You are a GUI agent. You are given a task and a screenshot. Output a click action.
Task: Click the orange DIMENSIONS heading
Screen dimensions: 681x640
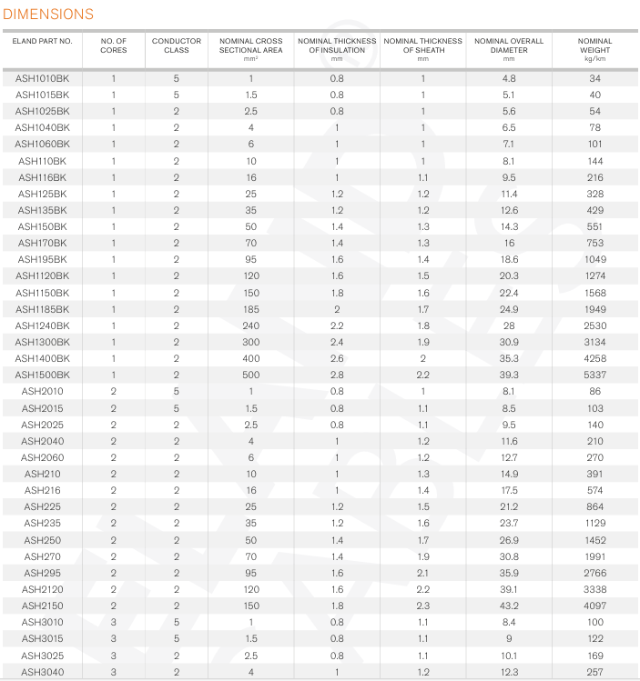pyautogui.click(x=48, y=14)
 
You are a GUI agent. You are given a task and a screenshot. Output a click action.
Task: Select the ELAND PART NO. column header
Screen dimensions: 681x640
pyautogui.click(x=43, y=41)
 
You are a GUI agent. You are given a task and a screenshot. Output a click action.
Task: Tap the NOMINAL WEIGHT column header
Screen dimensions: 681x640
pyautogui.click(x=595, y=45)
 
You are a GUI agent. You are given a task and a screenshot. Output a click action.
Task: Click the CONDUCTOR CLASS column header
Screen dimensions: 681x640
pyautogui.click(x=177, y=45)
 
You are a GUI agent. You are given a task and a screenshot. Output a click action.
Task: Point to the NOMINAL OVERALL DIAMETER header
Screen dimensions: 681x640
pyautogui.click(x=509, y=45)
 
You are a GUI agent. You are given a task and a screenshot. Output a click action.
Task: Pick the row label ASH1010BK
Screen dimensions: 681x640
pyautogui.click(x=43, y=79)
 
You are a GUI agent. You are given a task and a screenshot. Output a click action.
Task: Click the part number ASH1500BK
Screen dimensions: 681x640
pyautogui.click(x=43, y=375)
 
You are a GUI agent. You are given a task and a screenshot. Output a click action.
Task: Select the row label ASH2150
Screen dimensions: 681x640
pyautogui.click(x=43, y=605)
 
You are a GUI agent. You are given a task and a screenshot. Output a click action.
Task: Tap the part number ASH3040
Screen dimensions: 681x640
pyautogui.click(x=43, y=671)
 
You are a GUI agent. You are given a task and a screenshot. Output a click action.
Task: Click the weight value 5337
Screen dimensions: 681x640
pyautogui.click(x=595, y=375)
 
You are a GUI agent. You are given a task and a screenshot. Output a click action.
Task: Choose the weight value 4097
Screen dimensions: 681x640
pyautogui.click(x=595, y=605)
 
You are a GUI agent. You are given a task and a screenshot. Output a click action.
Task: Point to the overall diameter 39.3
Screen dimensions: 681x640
pyautogui.click(x=509, y=375)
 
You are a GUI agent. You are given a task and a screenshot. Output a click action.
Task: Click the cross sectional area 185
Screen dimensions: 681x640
pyautogui.click(x=251, y=309)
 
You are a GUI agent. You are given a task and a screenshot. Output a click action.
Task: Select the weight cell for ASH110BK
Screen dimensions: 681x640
pyautogui.click(x=595, y=161)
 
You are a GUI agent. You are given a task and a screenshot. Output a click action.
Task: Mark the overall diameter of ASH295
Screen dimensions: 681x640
pyautogui.click(x=509, y=572)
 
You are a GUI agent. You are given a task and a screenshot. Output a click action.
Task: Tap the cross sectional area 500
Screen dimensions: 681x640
pyautogui.click(x=251, y=375)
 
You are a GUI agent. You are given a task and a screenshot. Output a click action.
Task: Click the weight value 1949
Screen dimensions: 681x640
pyautogui.click(x=595, y=309)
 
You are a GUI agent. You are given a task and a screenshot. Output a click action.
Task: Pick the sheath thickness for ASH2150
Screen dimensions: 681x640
pyautogui.click(x=423, y=605)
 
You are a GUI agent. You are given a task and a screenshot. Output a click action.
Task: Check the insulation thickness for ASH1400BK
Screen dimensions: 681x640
pyautogui.click(x=337, y=358)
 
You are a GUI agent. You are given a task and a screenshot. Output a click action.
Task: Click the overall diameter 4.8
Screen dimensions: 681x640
pyautogui.click(x=509, y=79)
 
